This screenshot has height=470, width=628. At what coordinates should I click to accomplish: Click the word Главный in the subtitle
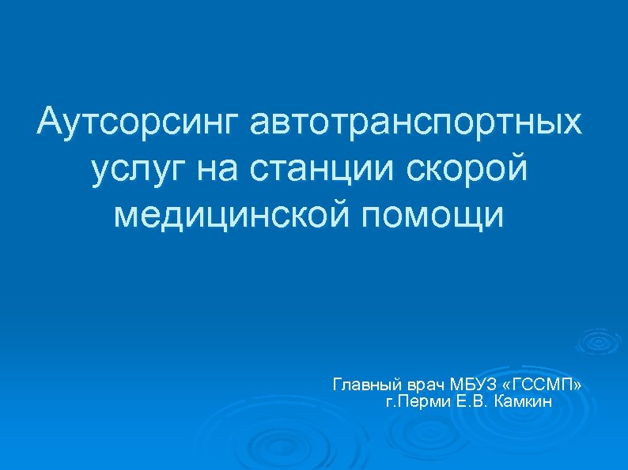coord(366,385)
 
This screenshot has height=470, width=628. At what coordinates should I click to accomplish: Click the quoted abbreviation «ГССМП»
coord(545,385)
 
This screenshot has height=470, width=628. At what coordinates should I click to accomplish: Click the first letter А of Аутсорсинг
coord(50,123)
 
